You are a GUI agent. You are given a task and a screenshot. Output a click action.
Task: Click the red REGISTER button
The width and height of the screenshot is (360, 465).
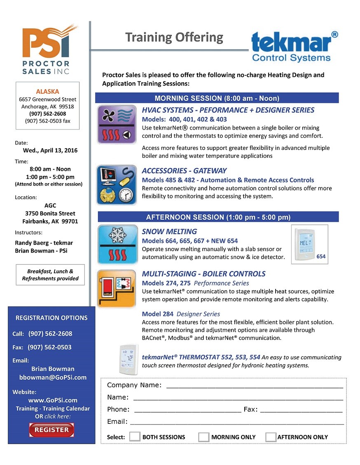51,430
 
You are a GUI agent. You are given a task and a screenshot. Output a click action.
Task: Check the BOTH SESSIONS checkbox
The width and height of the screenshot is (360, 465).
135,437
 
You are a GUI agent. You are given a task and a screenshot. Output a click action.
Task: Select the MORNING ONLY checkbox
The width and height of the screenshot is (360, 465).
203,437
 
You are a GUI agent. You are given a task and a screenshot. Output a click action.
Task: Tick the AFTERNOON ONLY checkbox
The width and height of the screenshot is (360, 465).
271,437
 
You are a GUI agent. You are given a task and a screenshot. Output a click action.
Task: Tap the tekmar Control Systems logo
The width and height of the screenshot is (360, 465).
294,46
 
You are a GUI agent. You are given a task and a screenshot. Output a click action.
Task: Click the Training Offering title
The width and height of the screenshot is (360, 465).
174,37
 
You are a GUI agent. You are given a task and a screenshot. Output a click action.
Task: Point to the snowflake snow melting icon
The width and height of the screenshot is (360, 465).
117,244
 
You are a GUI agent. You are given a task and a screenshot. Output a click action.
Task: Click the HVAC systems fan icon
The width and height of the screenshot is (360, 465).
117,124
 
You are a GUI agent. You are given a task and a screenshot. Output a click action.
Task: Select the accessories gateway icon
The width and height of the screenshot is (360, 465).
117,185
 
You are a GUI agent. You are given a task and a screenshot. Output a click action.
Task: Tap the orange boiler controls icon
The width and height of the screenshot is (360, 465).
117,288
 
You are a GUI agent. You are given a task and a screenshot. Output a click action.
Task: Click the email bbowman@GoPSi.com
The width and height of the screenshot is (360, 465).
53,377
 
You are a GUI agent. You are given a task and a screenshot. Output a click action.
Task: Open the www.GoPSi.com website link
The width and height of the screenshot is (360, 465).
53,400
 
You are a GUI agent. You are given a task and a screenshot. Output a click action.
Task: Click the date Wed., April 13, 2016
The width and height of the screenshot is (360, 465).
50,150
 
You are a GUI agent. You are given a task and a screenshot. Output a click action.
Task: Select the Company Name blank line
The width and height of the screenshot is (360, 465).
254,386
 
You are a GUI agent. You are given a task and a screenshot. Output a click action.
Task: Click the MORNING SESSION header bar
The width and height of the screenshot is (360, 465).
217,98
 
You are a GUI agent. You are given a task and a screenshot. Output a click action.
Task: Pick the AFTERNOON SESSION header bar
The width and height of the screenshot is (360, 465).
218,217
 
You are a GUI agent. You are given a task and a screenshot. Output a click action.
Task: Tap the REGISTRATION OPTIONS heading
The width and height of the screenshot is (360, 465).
51,318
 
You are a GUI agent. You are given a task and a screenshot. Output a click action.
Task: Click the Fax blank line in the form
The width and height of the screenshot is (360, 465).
301,409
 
